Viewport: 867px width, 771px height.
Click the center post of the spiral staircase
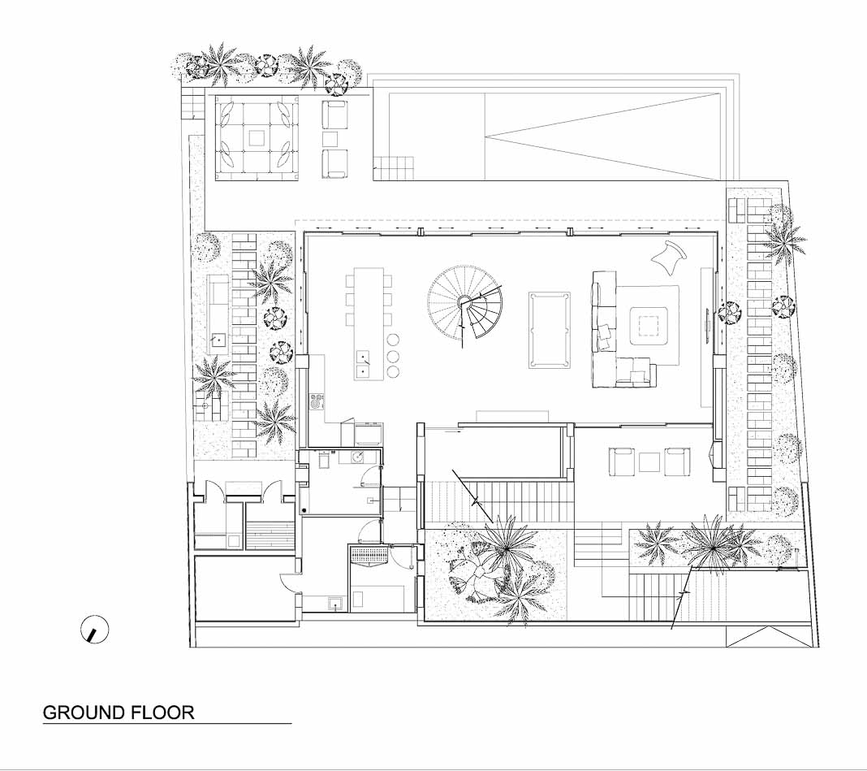pos(464,301)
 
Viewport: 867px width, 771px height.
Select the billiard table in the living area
pos(550,331)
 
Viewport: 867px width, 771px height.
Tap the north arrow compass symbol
pos(94,630)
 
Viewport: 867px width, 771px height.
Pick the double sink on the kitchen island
pos(363,363)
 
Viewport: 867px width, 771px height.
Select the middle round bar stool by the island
pos(393,355)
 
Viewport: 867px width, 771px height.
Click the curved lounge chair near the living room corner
pos(670,256)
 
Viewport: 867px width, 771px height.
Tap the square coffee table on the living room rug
pos(649,326)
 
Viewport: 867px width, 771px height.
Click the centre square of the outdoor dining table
pos(257,137)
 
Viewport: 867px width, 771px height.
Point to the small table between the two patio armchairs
pos(330,138)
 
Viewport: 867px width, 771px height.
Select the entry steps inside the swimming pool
pos(393,168)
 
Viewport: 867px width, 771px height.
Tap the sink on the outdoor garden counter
pos(219,340)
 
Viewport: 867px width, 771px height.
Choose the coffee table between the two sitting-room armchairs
pos(649,462)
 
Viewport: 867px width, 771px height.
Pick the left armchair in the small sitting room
pos(622,461)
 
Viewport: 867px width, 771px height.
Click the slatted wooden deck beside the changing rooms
pos(270,535)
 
